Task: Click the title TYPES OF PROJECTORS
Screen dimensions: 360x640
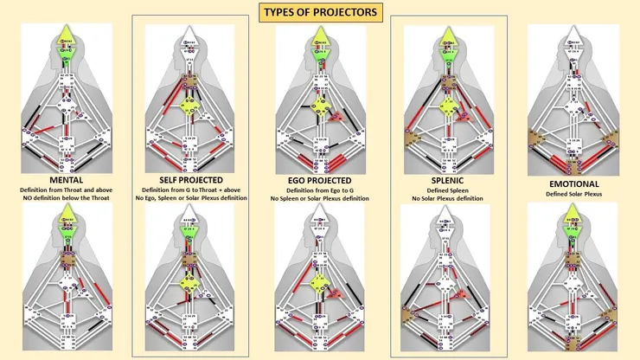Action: coord(319,14)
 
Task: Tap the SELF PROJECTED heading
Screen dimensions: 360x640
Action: coord(191,178)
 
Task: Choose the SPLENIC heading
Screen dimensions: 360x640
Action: coord(446,178)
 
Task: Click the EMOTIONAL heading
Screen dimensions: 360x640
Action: coord(573,184)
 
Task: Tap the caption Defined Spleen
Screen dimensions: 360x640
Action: coord(446,189)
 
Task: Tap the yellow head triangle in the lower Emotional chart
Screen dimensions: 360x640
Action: coord(573,216)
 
